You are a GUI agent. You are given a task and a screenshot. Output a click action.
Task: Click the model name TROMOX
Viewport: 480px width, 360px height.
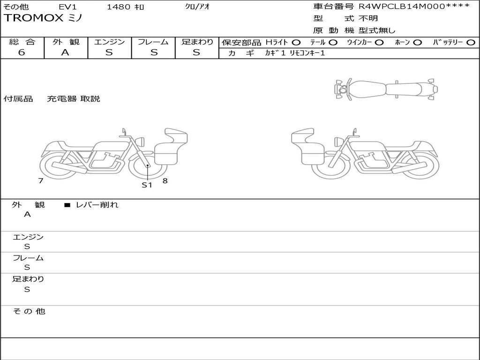[33, 18]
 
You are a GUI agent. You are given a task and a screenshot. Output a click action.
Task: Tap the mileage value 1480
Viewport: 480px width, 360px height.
[119, 7]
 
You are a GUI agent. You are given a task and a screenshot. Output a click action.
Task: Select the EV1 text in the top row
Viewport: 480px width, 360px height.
[67, 7]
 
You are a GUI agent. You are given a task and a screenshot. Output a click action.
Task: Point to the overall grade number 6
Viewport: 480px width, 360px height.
[22, 52]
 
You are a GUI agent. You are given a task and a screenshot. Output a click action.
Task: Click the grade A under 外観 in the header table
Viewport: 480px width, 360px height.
[65, 52]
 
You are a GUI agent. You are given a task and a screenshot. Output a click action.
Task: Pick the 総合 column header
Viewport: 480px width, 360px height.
[22, 42]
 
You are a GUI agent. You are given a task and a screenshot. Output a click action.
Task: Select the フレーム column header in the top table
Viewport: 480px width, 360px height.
[153, 42]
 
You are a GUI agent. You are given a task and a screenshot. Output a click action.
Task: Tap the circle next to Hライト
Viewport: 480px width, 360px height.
[296, 43]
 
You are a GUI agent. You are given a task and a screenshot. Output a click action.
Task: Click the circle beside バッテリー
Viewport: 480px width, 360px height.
[471, 43]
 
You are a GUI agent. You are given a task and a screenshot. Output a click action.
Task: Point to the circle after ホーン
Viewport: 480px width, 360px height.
[417, 43]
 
